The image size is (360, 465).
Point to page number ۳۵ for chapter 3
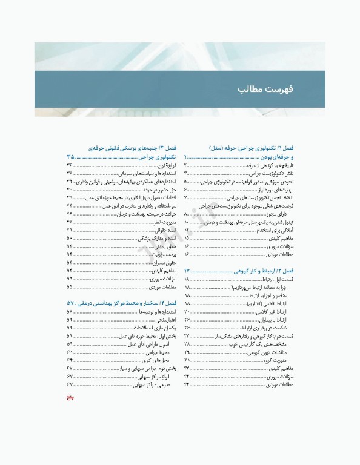pos(72,156)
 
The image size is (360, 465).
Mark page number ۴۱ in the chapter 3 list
pos(70,197)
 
